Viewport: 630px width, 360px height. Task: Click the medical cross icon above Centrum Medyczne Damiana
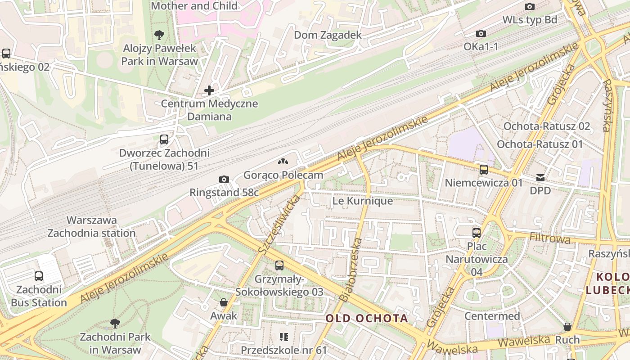209,90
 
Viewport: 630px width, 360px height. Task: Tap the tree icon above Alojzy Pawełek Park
159,35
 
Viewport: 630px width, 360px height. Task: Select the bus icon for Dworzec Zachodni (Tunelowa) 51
164,139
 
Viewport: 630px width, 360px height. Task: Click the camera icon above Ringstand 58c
224,179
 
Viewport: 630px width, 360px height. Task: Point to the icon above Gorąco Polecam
283,162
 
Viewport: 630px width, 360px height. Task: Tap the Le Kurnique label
362,201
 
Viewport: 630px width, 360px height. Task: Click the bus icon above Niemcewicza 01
484,170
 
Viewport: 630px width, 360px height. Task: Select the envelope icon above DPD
540,178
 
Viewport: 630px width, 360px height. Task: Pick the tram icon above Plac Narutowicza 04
477,233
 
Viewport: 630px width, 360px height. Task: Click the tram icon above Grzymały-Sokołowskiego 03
279,265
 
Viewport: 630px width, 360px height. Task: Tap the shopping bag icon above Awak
224,302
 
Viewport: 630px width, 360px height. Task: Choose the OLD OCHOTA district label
367,319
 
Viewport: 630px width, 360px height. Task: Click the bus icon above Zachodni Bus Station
39,276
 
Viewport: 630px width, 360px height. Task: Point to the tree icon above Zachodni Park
115,323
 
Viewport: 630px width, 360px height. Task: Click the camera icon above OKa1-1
481,33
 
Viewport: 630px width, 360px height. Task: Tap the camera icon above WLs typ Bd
530,6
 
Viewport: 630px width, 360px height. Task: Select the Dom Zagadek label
328,35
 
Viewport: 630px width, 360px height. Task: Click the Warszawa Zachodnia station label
91,227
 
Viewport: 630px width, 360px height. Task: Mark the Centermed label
492,316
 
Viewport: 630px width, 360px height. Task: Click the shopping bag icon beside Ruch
567,326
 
